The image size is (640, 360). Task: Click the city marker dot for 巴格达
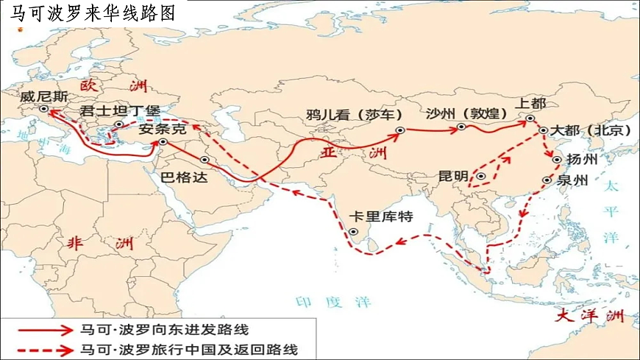coord(205,160)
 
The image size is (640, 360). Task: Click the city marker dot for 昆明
coord(480,176)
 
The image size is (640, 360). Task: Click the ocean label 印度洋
coord(333,302)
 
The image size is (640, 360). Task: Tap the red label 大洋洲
coord(589,317)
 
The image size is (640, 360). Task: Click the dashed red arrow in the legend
coord(45,348)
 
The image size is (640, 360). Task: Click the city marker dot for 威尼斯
coord(43,109)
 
